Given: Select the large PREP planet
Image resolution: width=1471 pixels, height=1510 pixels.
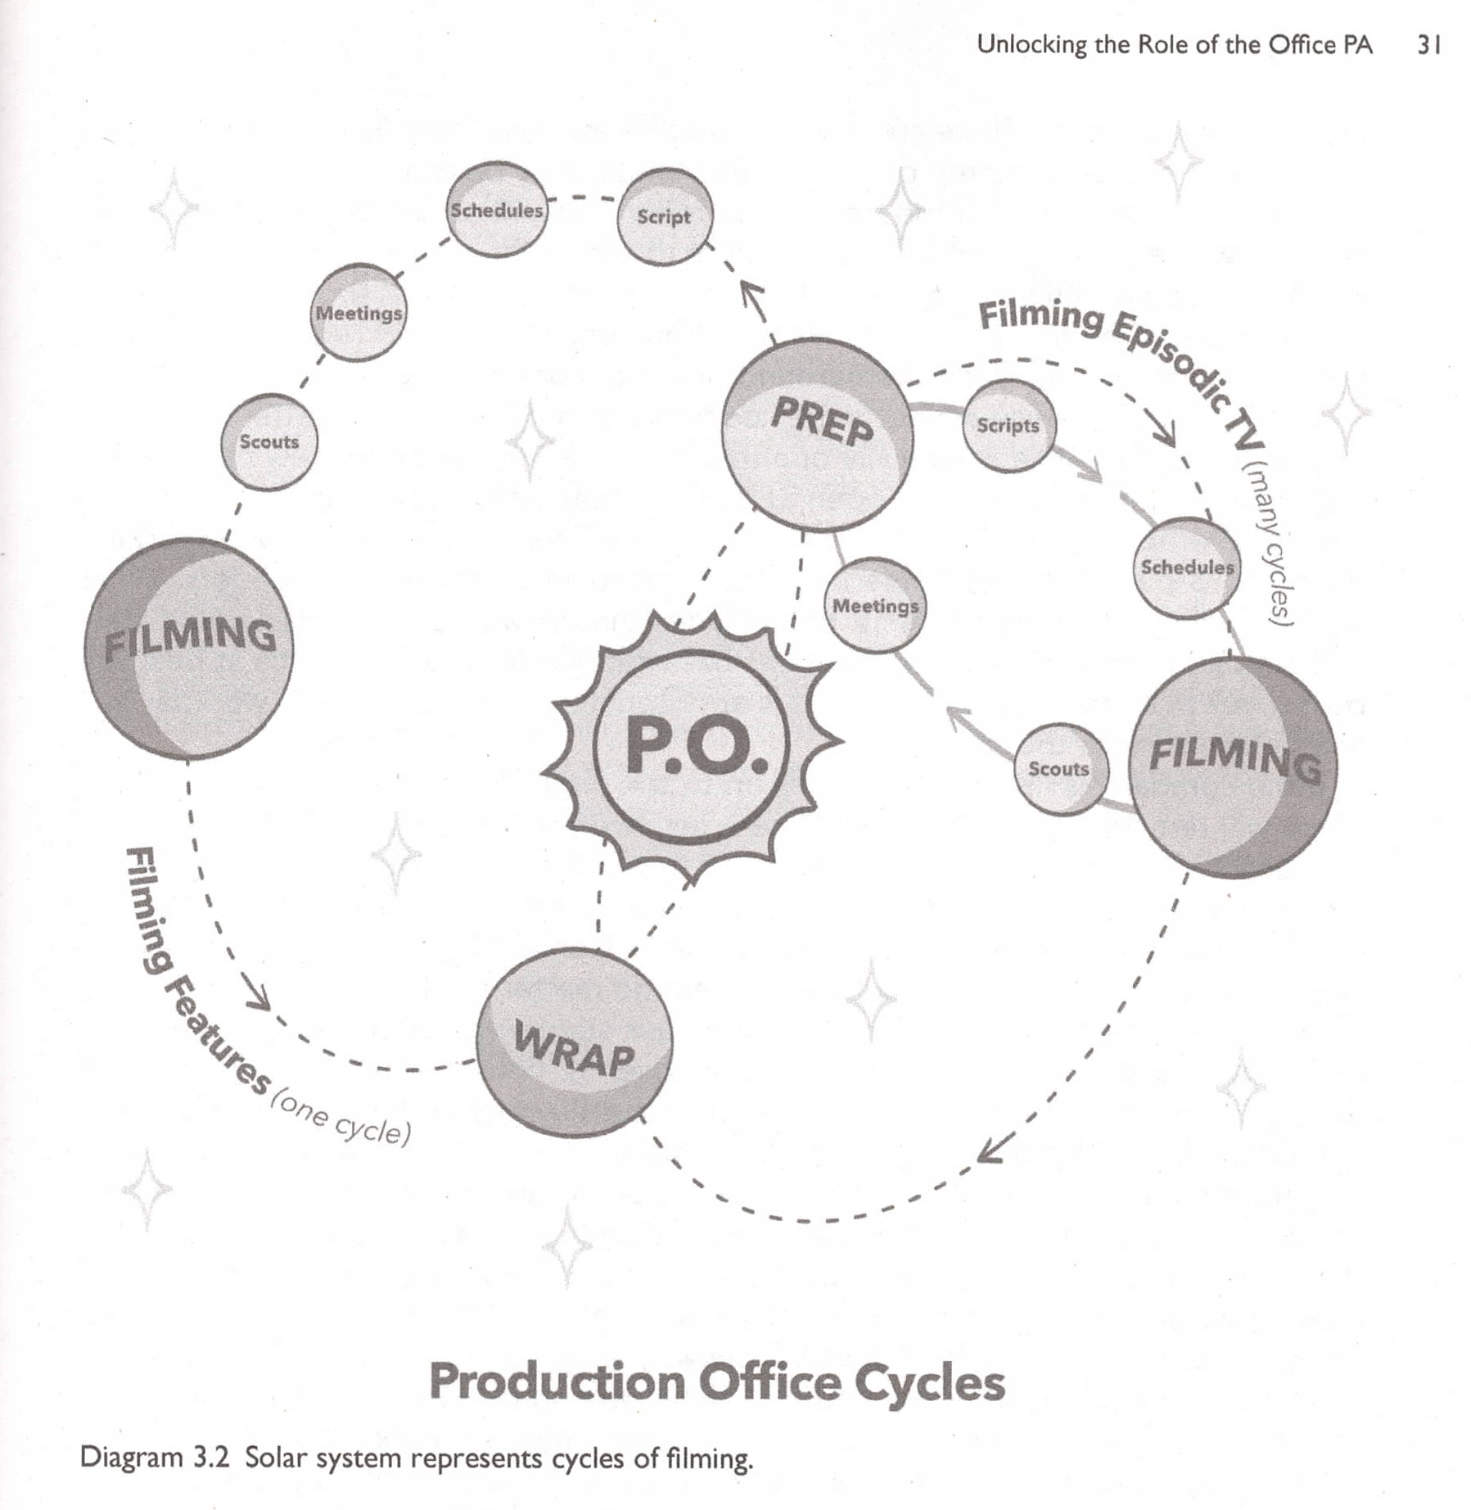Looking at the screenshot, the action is coord(818,434).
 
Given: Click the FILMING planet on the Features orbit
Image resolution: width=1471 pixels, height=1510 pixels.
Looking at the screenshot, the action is coord(189,648).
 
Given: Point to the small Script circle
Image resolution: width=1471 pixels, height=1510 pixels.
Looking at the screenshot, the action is coord(665,217).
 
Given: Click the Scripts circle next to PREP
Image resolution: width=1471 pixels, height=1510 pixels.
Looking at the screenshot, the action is coord(1008,426).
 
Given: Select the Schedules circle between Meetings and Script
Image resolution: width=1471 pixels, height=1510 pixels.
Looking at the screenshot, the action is coord(497,210).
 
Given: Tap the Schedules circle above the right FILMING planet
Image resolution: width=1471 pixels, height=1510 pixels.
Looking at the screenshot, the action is coord(1186,567).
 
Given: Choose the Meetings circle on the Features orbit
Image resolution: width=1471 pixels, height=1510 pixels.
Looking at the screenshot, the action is coord(359,313).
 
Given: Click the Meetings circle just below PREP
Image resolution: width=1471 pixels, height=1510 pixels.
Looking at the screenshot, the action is coord(875,606).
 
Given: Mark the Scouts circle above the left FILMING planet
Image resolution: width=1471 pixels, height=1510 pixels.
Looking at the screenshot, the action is coord(269,442).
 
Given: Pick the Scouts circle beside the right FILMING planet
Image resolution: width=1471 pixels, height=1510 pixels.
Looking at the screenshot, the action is coord(1060,769).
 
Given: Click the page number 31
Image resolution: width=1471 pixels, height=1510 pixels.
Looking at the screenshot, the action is coord(1428,45).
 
